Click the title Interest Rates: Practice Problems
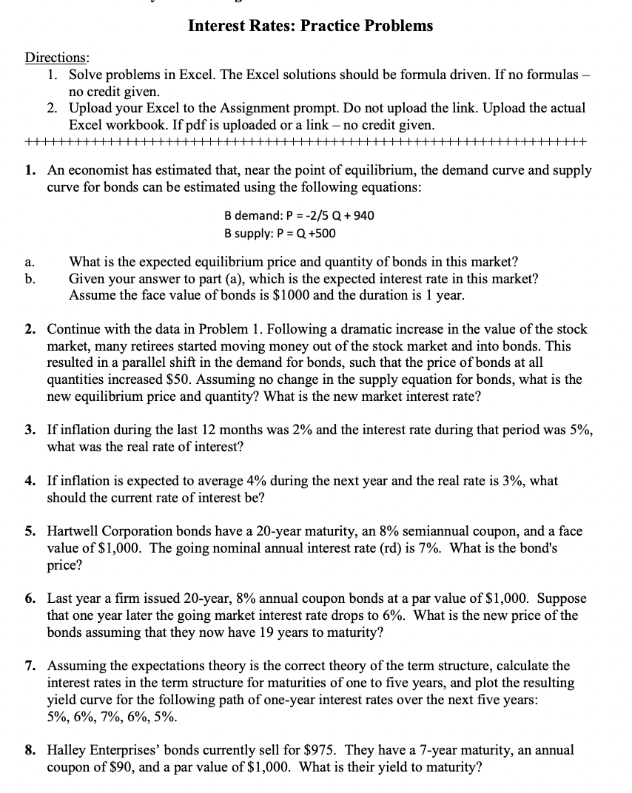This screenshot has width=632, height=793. (x=310, y=26)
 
